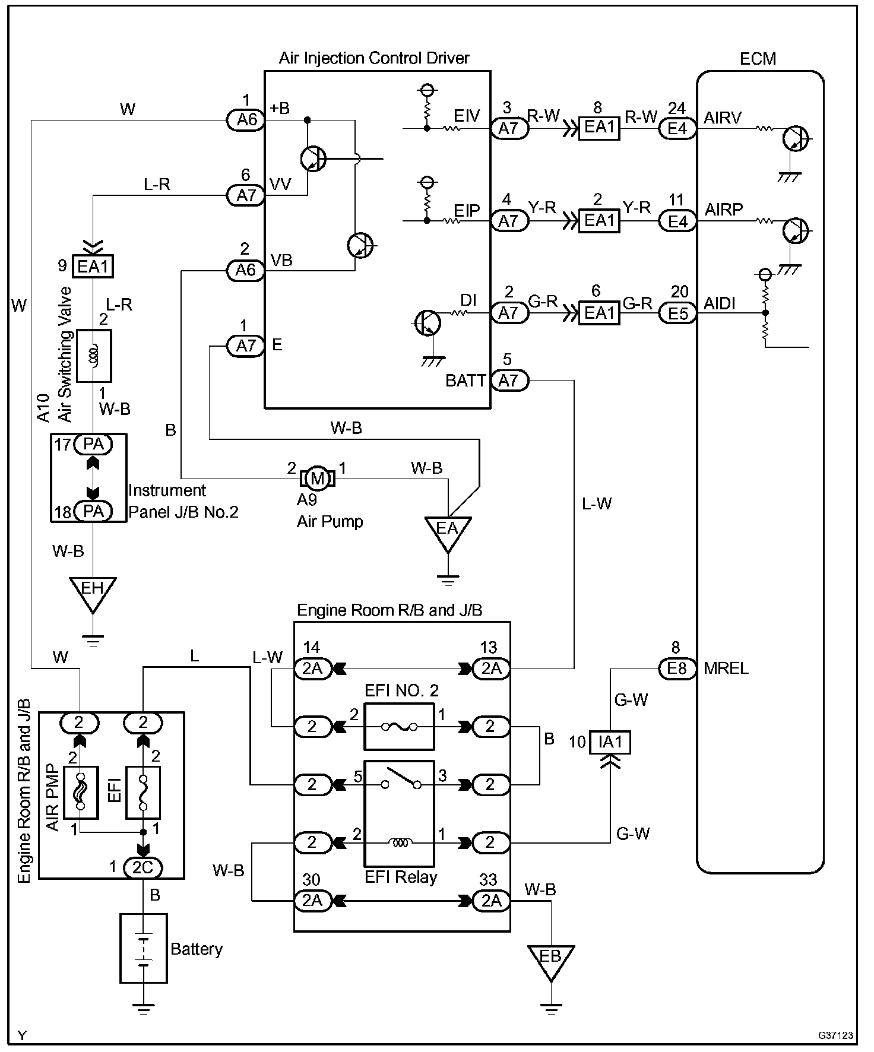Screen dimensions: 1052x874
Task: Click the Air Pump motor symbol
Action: (x=318, y=478)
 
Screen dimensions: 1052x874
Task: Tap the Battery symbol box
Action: (x=144, y=948)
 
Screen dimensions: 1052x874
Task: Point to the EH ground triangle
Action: (x=92, y=591)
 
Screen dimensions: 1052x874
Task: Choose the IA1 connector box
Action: (x=610, y=742)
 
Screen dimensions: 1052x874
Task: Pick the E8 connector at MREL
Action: (x=677, y=668)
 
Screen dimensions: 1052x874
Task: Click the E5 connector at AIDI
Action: (x=677, y=313)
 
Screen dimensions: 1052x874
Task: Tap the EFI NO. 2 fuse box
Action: (x=399, y=727)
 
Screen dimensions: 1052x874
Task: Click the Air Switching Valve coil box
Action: (x=94, y=356)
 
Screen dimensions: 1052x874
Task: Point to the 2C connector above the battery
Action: (x=142, y=867)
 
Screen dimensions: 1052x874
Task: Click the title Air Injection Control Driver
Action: (x=374, y=58)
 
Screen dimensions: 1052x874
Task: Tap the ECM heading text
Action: (x=758, y=59)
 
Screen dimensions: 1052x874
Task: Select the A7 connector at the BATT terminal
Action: (x=509, y=380)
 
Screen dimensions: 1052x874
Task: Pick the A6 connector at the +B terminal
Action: (x=246, y=121)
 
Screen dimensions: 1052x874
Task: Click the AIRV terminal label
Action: (x=723, y=118)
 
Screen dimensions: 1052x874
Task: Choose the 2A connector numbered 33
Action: (x=491, y=901)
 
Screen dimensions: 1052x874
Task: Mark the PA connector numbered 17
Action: (x=93, y=444)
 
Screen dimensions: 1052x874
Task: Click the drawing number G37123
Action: (x=835, y=1035)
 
